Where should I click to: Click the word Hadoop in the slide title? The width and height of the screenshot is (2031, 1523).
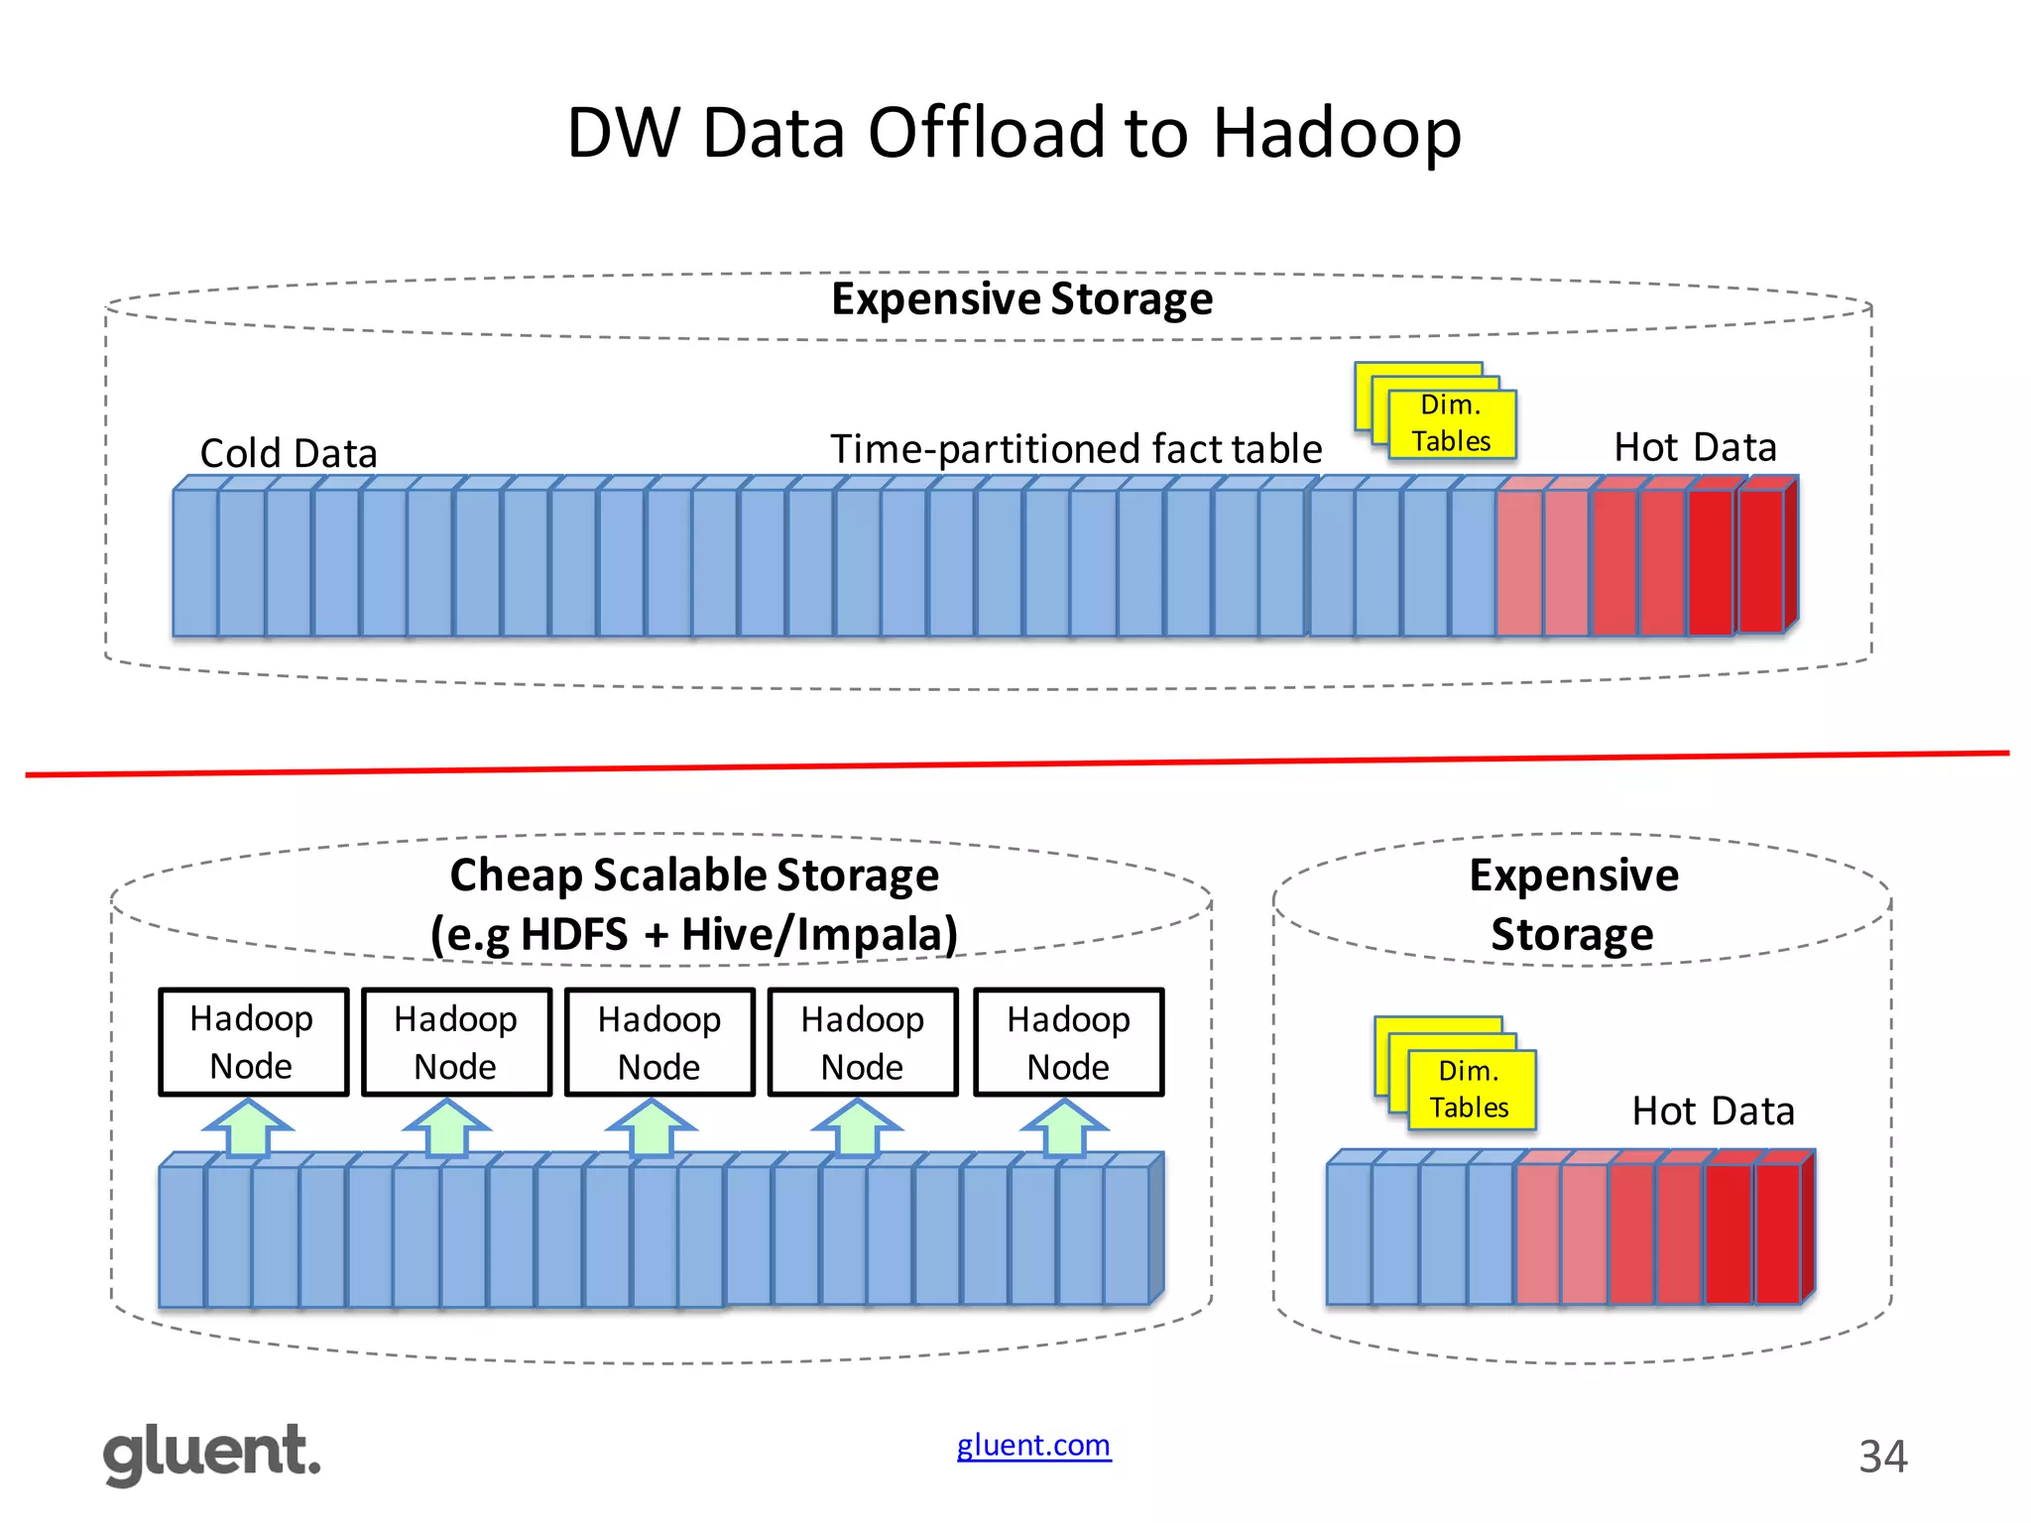pos(1336,134)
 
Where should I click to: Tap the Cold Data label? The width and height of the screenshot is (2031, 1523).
pos(289,453)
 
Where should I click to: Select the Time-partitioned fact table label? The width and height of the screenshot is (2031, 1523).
pos(1076,449)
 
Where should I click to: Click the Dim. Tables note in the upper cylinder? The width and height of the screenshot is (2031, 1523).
pos(1451,423)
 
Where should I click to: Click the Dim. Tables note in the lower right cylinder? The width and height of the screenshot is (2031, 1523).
pos(1471,1090)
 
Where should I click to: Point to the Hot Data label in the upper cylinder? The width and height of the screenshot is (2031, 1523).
pos(1695,447)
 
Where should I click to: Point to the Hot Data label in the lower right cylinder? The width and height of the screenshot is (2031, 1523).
pos(1713,1112)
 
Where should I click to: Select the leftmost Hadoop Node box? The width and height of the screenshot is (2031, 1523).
pos(253,1042)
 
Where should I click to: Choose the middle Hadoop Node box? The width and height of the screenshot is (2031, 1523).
pos(659,1042)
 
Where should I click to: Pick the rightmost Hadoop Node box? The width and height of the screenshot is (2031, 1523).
pos(1068,1042)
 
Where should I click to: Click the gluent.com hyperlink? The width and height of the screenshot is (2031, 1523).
pos(1033,1446)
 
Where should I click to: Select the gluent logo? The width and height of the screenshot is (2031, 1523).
pos(212,1454)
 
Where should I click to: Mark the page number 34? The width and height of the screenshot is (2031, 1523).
pos(1882,1457)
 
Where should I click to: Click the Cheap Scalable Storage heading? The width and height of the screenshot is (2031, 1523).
pos(694,876)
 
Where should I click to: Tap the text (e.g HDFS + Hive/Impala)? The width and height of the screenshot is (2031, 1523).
pos(694,935)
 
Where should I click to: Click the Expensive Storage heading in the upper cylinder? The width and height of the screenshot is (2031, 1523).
pos(1021,299)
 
